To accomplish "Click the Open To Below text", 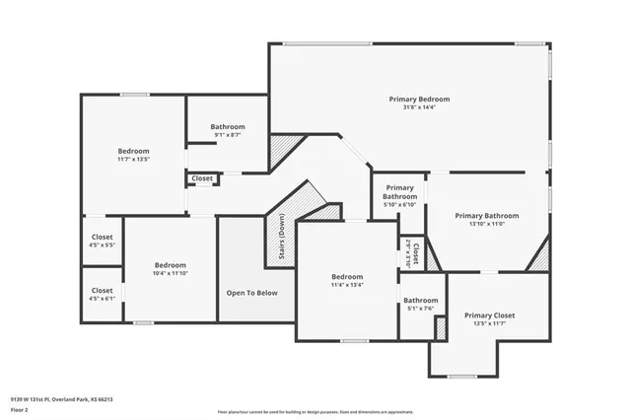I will tap(252, 293).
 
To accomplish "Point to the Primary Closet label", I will tap(489, 315).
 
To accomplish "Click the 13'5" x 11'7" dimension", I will tap(489, 324).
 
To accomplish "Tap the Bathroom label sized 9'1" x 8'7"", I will tap(228, 127).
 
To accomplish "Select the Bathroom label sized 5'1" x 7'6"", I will tap(420, 300).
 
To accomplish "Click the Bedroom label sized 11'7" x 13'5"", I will tap(134, 151).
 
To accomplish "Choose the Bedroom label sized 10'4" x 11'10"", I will tap(170, 265).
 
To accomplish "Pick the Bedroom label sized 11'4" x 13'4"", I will tap(347, 277).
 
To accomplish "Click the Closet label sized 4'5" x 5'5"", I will tap(102, 238).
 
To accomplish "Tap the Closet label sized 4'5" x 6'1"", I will tap(102, 291).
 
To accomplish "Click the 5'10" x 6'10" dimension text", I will tap(399, 204).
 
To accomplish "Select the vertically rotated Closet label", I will tap(416, 253).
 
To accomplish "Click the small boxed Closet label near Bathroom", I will tap(202, 178).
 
